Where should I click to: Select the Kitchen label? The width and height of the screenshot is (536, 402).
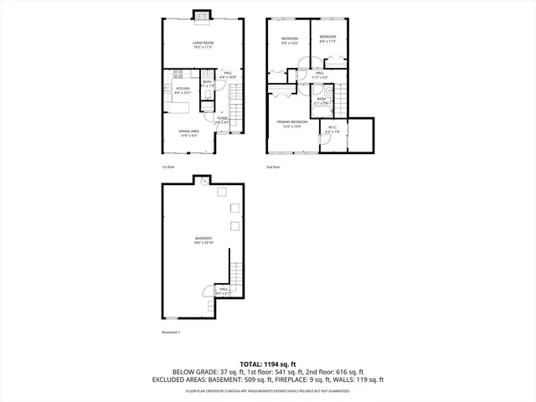pos(183,90)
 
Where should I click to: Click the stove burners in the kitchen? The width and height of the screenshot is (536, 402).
pos(178,75)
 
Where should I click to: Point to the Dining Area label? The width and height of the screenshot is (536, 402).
pos(188,133)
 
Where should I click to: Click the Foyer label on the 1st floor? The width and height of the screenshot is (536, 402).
pos(222,121)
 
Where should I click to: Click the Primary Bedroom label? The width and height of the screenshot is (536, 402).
pos(292,124)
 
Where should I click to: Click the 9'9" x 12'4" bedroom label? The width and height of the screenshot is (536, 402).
pos(290,40)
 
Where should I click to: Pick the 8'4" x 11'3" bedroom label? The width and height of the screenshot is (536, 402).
pos(327,39)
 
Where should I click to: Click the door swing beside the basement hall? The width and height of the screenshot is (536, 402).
pos(208,291)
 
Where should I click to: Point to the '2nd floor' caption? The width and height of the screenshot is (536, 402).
pos(273,167)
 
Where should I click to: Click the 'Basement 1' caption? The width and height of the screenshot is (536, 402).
pos(172,332)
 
